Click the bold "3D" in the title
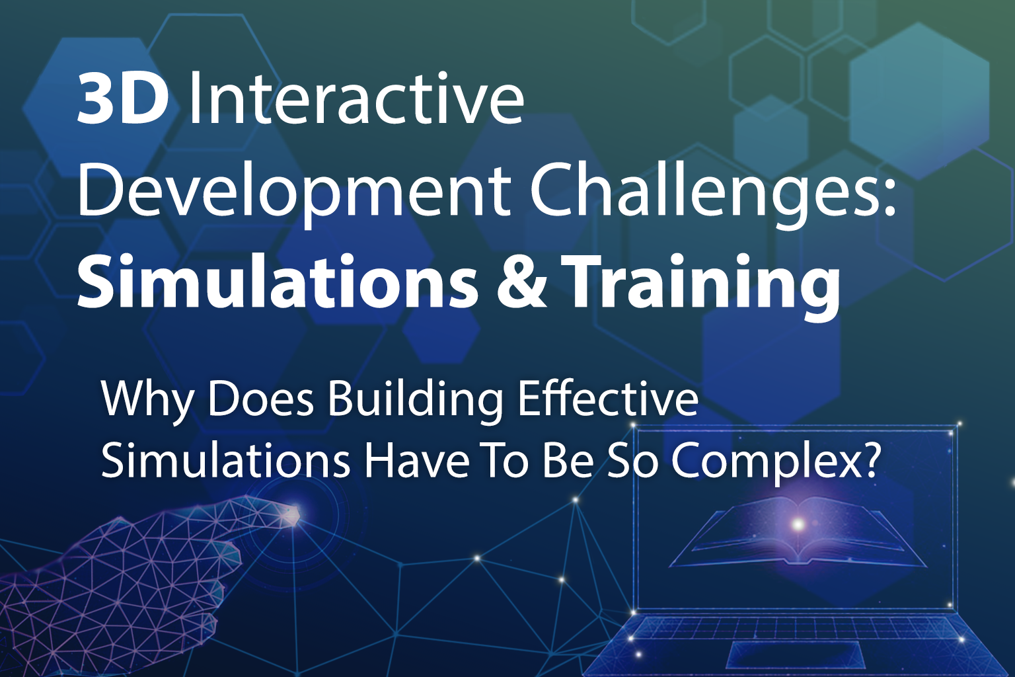pyautogui.click(x=122, y=100)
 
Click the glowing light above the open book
pyautogui.click(x=798, y=525)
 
